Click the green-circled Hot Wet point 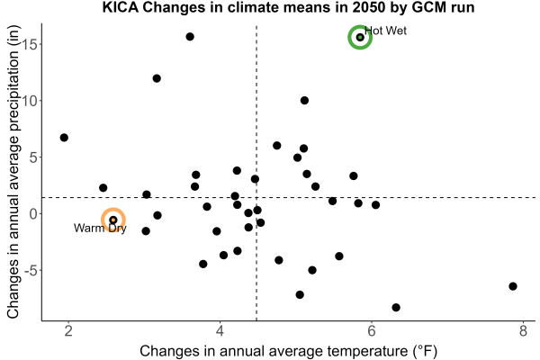pyautogui.click(x=360, y=37)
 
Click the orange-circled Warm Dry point pyautogui.click(x=113, y=220)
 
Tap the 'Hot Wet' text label pyautogui.click(x=385, y=31)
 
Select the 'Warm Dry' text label pyautogui.click(x=100, y=228)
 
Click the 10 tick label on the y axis pyautogui.click(x=29, y=101)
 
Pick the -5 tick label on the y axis pyautogui.click(x=31, y=270)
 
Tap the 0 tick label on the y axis pyautogui.click(x=33, y=213)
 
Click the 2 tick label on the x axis pyautogui.click(x=68, y=331)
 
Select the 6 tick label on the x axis pyautogui.click(x=372, y=331)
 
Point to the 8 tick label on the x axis pyautogui.click(x=523, y=331)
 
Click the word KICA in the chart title pyautogui.click(x=121, y=7)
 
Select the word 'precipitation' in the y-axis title pyautogui.click(x=13, y=125)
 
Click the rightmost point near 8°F pyautogui.click(x=513, y=286)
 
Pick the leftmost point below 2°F pyautogui.click(x=64, y=138)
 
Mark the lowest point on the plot pyautogui.click(x=396, y=307)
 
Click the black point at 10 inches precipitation pyautogui.click(x=304, y=101)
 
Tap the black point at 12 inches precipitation pyautogui.click(x=157, y=78)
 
